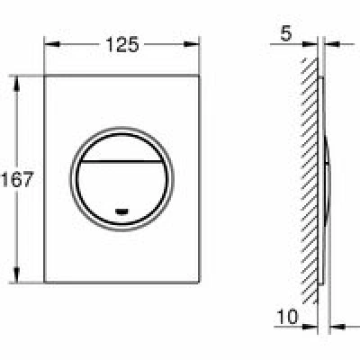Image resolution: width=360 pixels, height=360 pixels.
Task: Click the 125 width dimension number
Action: [x=122, y=44]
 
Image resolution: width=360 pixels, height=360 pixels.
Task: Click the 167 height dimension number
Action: [x=17, y=179]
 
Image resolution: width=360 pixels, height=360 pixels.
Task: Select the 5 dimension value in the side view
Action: [x=286, y=33]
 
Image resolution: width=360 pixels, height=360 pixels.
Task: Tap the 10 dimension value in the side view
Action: [x=287, y=317]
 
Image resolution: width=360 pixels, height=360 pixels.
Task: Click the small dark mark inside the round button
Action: [x=121, y=211]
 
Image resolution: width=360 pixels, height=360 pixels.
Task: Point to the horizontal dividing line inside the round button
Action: [x=121, y=161]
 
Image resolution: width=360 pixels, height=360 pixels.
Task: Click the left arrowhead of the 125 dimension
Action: [x=52, y=44]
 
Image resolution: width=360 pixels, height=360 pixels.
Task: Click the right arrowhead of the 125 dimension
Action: [x=192, y=44]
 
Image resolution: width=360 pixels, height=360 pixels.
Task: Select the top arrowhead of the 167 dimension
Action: [x=16, y=84]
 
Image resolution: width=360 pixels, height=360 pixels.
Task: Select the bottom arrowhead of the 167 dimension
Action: [x=16, y=274]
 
